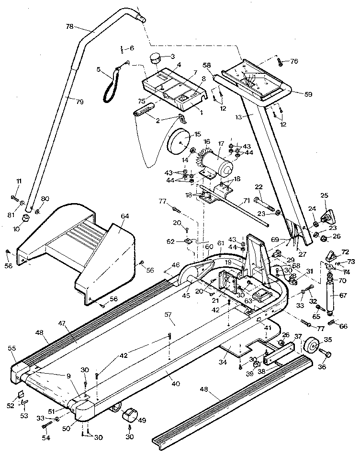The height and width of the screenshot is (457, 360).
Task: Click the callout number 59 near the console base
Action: (308, 94)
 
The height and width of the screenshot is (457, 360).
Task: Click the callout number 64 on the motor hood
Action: (124, 216)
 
